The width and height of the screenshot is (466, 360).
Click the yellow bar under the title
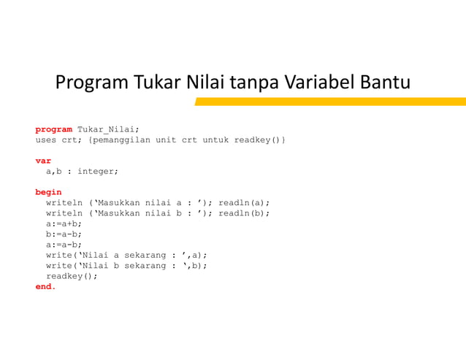330,102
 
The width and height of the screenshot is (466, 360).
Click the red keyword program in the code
53,129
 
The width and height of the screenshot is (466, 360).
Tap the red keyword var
43,161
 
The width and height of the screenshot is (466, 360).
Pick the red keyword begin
48,192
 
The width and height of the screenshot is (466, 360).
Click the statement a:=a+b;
64,223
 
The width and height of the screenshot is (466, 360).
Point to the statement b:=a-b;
64,234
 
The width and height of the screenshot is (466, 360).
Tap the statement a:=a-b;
64,245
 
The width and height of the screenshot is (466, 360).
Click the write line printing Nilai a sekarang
126,256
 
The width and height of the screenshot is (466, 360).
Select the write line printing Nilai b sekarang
126,266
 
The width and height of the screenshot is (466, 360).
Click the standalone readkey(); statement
72,277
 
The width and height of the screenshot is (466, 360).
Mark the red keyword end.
45,287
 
